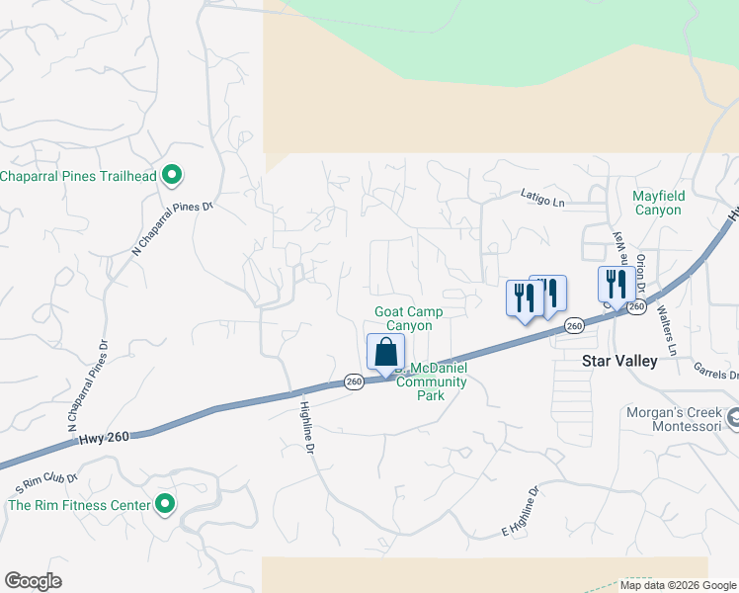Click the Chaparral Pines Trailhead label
79,176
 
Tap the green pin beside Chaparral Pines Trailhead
172,176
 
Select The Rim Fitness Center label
79,505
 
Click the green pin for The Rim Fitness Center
165,505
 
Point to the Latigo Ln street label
542,201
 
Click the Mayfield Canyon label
657,203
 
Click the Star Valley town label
619,362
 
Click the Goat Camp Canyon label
408,318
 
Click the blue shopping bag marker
385,352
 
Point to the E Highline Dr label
520,513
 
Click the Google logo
33,581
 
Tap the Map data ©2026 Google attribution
679,585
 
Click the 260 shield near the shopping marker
355,381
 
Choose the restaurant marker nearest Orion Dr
615,285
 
